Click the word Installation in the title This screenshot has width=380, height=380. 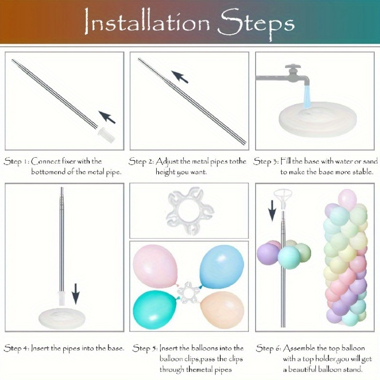click(x=147, y=22)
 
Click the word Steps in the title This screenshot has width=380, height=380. click(x=256, y=24)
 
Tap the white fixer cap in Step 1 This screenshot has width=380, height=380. click(x=106, y=135)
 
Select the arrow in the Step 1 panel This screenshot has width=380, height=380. click(x=107, y=117)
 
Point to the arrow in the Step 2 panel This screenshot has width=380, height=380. click(x=180, y=77)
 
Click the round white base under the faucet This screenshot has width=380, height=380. click(x=317, y=119)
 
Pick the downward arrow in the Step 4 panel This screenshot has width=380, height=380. click(x=76, y=294)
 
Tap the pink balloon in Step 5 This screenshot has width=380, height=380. click(x=155, y=266)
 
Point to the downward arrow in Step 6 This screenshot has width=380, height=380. click(x=272, y=210)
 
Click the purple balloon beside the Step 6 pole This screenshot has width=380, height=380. click(x=267, y=254)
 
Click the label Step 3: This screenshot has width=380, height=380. click(x=266, y=161)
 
